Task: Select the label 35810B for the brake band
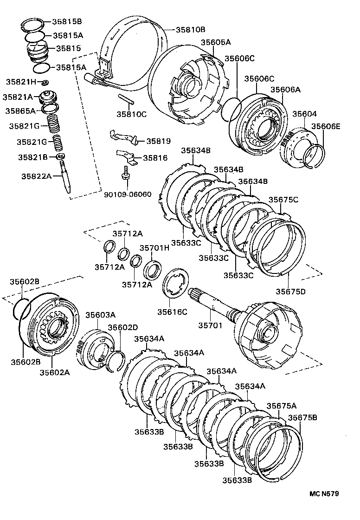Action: pos(190,29)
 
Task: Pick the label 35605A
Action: pos(216,42)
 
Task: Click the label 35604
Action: pos(301,114)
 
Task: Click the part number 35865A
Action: pos(20,111)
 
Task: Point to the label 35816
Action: pos(155,158)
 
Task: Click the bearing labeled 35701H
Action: pos(153,269)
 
